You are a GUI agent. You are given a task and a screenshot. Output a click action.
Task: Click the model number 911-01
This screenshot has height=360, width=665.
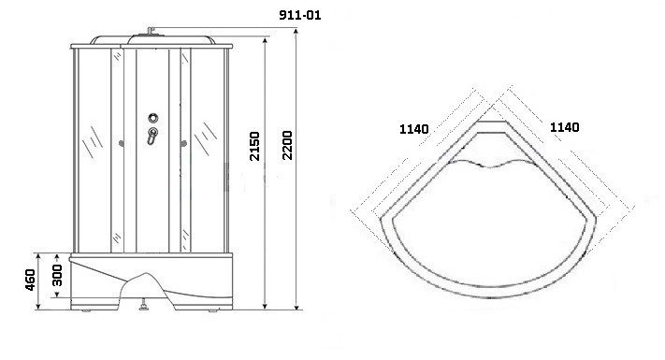(300, 15)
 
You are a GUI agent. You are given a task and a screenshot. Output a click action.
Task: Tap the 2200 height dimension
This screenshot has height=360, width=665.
(287, 146)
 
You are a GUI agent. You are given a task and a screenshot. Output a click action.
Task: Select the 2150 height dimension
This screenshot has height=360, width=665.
(254, 146)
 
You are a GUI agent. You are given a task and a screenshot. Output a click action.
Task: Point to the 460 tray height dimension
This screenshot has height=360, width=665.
(30, 280)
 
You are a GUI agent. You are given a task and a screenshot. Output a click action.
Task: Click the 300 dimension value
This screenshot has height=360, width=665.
(57, 275)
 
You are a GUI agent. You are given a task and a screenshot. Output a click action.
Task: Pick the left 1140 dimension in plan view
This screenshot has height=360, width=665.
(414, 129)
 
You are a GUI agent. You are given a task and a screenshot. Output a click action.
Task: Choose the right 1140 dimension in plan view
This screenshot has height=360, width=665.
(565, 127)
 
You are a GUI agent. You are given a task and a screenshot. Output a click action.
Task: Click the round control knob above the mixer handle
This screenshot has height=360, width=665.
(153, 118)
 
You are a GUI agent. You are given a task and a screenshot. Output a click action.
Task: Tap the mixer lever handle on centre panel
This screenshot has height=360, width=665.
(152, 136)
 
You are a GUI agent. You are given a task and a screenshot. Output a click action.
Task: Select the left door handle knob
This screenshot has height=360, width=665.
(122, 144)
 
